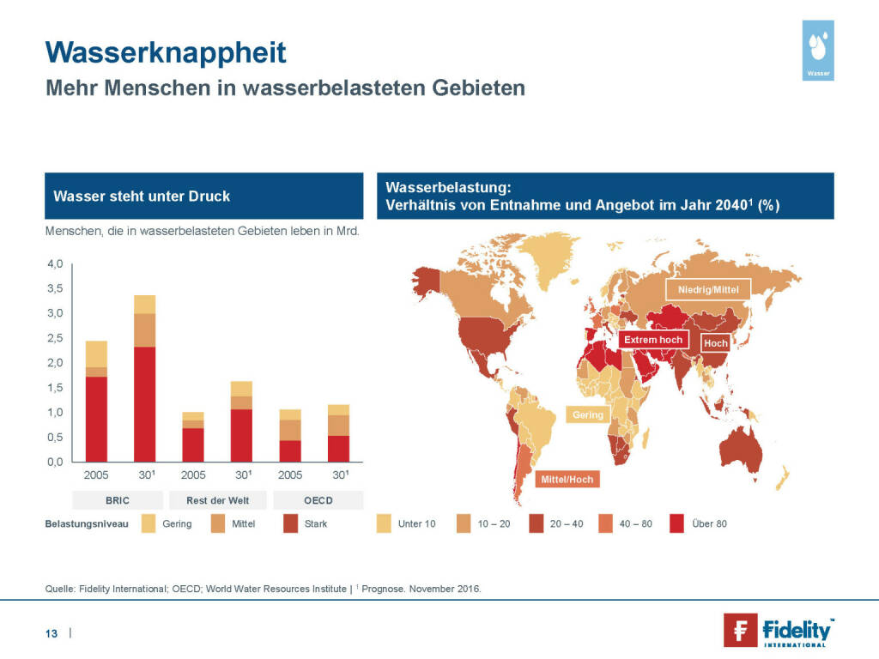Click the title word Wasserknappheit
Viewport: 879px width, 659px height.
(166, 52)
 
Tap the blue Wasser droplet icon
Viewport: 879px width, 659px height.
(819, 50)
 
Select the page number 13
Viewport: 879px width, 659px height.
(52, 633)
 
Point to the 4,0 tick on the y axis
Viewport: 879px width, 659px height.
(55, 263)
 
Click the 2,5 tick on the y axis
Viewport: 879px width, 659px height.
(55, 338)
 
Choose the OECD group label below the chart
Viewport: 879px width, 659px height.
(318, 499)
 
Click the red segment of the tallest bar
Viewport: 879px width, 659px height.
(144, 403)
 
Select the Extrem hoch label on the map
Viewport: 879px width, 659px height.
(652, 340)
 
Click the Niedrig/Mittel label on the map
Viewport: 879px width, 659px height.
(707, 289)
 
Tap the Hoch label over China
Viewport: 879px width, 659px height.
(715, 343)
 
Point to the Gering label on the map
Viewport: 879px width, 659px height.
(588, 415)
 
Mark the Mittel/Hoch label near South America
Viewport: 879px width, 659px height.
(567, 479)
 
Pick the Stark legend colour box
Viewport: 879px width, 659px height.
(290, 523)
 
